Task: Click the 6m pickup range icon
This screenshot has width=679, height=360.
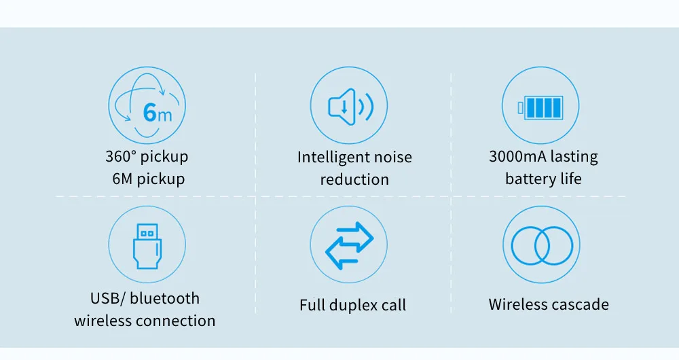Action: [x=147, y=105]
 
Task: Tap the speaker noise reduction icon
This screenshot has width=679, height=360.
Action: [x=349, y=106]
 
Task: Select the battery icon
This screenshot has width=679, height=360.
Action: [x=540, y=107]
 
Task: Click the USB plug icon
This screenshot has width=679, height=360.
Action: [x=147, y=245]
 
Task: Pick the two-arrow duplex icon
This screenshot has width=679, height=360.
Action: [x=349, y=245]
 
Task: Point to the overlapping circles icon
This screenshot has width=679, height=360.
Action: [x=540, y=245]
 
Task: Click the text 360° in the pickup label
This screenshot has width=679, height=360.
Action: [x=121, y=157]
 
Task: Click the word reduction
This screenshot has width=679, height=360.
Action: [x=354, y=180]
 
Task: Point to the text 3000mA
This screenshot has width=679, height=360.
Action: [x=517, y=157]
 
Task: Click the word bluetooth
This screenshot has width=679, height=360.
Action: [x=165, y=298]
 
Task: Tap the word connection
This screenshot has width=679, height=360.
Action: [x=177, y=321]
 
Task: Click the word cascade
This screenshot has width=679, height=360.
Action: [x=579, y=304]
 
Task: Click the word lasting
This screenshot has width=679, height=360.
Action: [x=574, y=157]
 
